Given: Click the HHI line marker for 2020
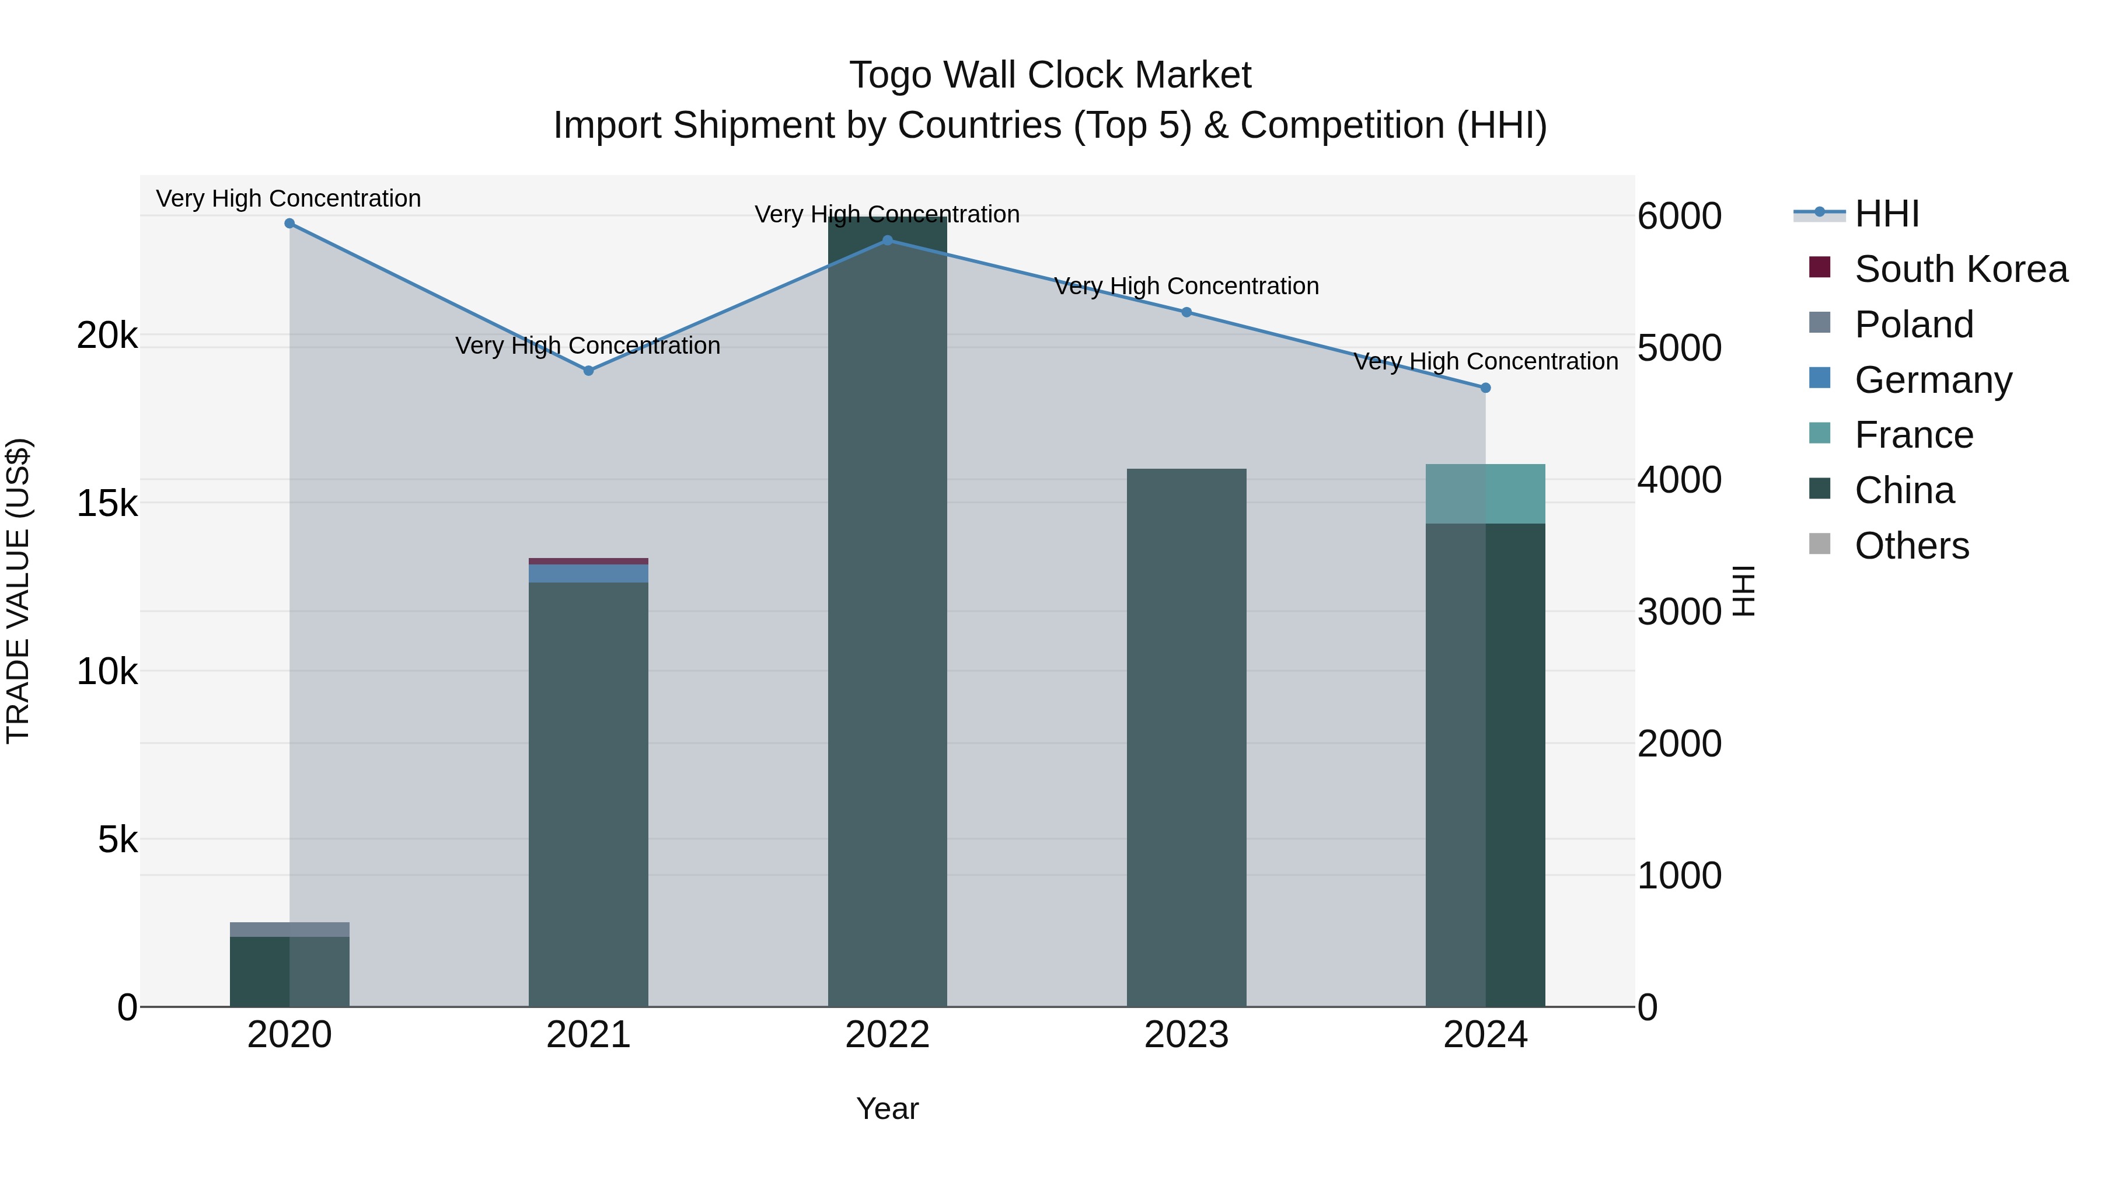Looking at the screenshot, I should [289, 223].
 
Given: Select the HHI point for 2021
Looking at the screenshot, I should [588, 370].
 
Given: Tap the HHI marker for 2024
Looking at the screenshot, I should [1485, 388].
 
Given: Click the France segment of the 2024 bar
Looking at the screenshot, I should [1485, 493].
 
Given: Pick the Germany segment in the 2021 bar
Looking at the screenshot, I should [588, 573].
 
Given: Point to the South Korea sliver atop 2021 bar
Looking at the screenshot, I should [588, 561].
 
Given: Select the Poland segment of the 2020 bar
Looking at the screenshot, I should [289, 929].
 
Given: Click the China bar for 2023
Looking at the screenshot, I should [1186, 734].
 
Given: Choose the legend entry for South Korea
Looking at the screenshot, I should [1961, 269].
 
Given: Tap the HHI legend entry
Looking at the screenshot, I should [1886, 214].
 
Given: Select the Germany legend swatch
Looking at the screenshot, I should [1820, 378].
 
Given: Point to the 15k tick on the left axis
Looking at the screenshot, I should [107, 503].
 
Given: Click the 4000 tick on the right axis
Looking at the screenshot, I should [1679, 480].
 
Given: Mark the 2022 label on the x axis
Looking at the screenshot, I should [887, 1035].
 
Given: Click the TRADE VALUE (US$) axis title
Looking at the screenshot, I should [18, 591].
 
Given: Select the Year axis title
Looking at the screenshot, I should [887, 1108].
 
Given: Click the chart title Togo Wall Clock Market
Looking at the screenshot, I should [1050, 75].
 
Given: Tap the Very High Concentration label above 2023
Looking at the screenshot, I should [1186, 287].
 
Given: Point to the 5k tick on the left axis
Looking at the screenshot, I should [117, 839].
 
